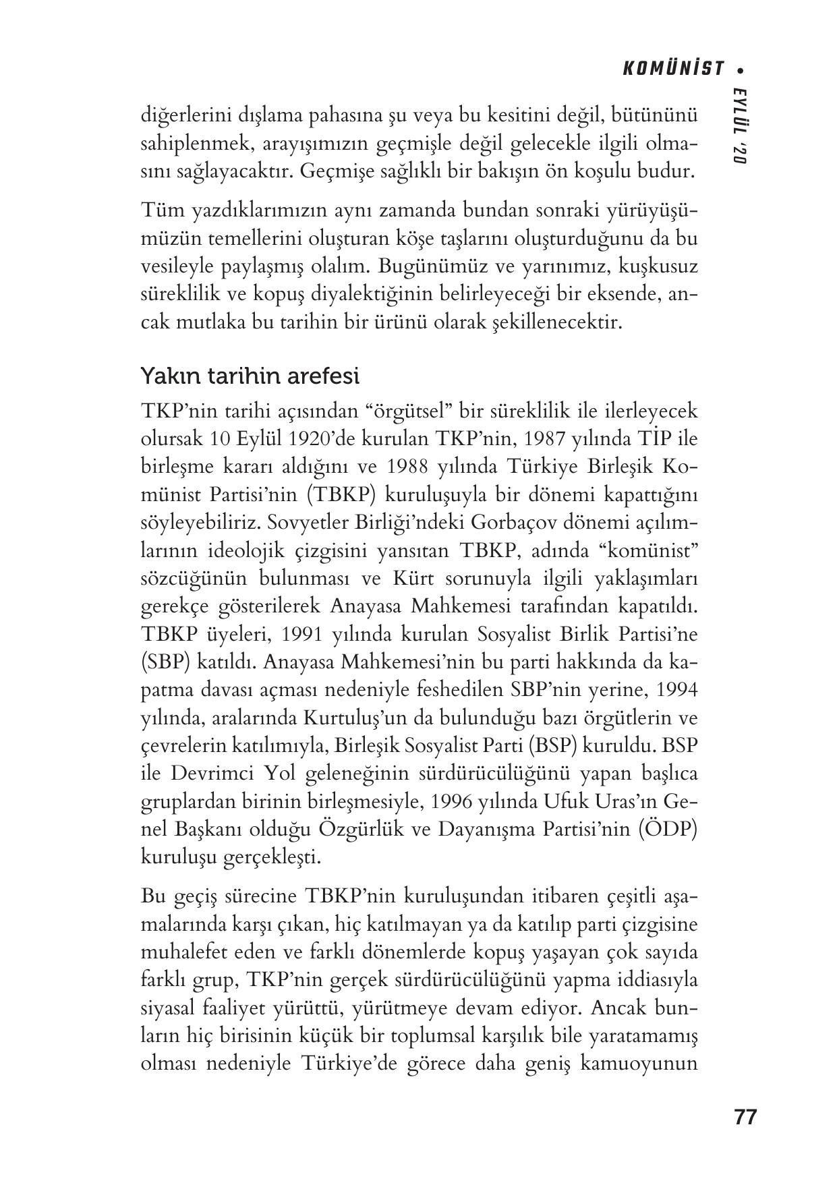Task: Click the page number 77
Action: click(x=745, y=1116)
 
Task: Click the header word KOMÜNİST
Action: click(x=673, y=69)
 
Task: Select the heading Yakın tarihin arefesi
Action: click(x=249, y=376)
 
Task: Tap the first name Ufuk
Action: click(x=552, y=801)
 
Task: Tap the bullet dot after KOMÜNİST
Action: click(x=742, y=69)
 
